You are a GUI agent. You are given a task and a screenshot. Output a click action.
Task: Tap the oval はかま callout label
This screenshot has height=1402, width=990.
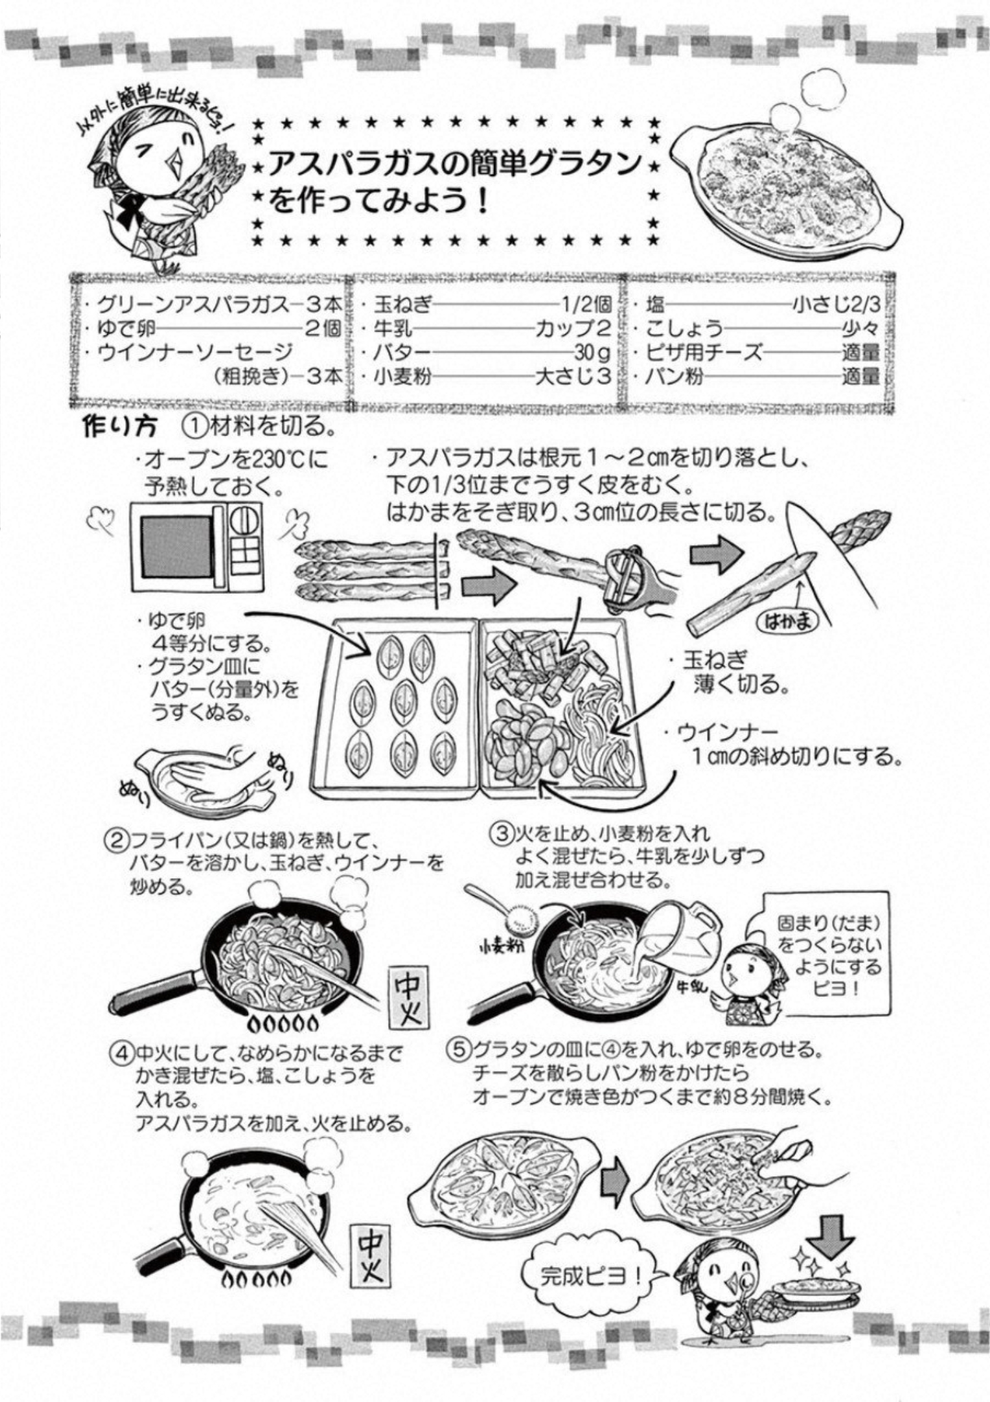pos(788,621)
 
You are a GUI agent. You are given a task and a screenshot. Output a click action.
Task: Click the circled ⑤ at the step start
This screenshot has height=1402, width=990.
pos(459,1050)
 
